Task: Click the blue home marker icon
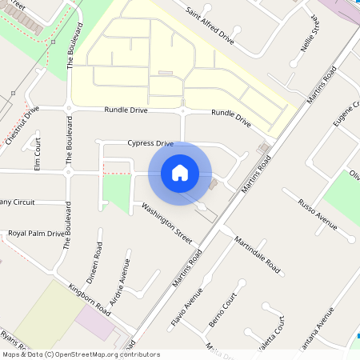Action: (180, 172)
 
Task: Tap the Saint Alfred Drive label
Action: (210, 24)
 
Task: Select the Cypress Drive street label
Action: (150, 143)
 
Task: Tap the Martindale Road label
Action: (258, 253)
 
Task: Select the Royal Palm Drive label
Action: (35, 234)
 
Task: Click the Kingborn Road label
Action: (90, 298)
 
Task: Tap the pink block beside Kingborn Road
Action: (95, 322)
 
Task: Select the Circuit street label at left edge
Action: (18, 202)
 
